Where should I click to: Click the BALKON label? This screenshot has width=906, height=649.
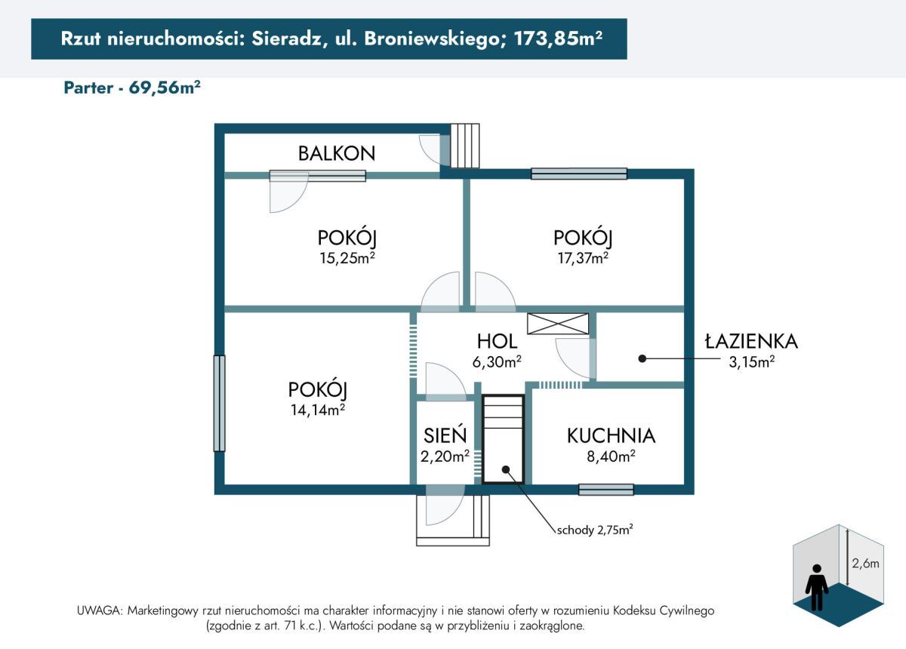click(x=336, y=153)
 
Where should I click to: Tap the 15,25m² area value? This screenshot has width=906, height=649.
click(x=347, y=259)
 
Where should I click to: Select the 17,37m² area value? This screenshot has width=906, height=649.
click(x=581, y=259)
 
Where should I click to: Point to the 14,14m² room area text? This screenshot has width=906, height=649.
click(x=317, y=410)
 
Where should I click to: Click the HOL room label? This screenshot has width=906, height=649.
click(x=497, y=341)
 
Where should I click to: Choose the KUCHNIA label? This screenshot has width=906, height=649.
click(x=611, y=435)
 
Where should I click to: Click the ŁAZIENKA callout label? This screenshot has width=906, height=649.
click(x=750, y=342)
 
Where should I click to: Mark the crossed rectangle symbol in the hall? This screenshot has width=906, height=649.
click(x=558, y=323)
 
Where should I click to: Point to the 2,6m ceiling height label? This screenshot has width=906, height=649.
click(x=865, y=562)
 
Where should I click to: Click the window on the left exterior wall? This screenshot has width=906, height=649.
click(x=219, y=403)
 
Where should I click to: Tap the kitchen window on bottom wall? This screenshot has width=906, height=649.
click(x=606, y=489)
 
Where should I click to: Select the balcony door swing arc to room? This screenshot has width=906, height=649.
click(x=288, y=195)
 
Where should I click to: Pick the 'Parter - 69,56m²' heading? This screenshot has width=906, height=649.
click(x=132, y=87)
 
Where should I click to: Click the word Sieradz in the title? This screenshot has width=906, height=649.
click(x=284, y=39)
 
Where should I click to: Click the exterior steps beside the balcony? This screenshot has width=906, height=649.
click(x=464, y=145)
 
